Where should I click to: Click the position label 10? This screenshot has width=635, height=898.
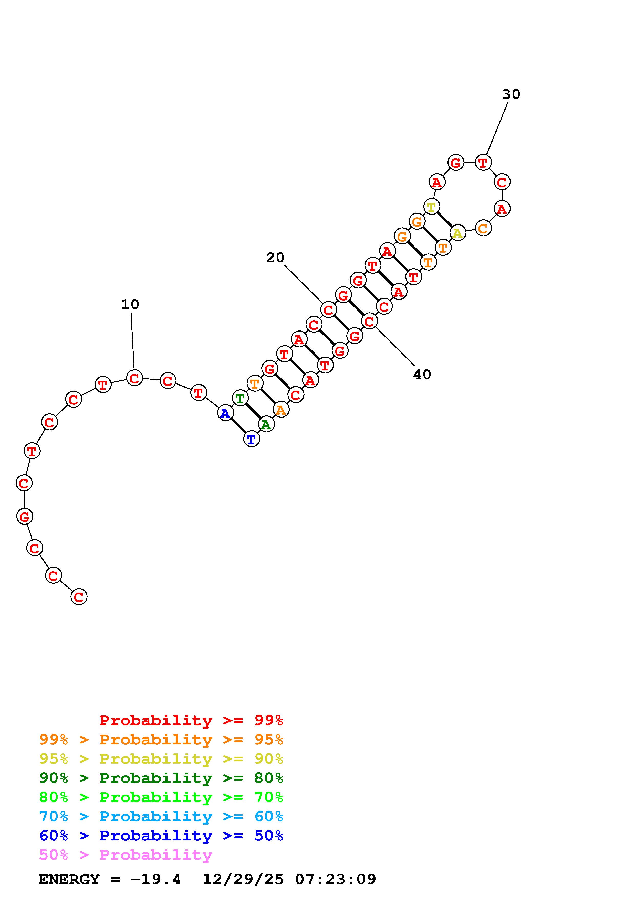click(x=130, y=304)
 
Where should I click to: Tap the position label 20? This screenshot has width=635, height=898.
click(x=275, y=257)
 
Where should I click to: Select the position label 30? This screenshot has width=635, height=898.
click(x=511, y=94)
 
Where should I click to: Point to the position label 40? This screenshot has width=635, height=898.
click(x=422, y=375)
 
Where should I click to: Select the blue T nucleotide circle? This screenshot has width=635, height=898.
click(x=252, y=439)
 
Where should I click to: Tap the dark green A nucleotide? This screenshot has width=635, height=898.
click(x=266, y=425)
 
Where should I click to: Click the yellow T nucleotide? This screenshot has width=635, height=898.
click(x=432, y=207)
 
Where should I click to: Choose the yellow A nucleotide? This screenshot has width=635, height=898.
click(x=458, y=233)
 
